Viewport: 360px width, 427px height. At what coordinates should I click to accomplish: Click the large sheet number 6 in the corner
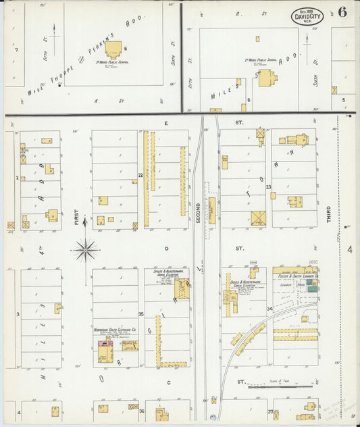(x=343, y=12)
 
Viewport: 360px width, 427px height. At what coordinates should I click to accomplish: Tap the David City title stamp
(x=308, y=16)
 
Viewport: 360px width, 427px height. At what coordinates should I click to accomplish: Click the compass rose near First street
(x=86, y=251)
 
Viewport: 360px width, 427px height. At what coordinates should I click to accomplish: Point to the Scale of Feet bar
(x=280, y=386)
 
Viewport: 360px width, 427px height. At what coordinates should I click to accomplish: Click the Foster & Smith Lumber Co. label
(x=295, y=276)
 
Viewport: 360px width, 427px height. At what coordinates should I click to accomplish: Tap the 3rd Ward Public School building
(x=113, y=49)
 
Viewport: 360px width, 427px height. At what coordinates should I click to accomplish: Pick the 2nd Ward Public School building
(x=267, y=77)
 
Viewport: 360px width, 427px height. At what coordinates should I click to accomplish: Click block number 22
(x=140, y=176)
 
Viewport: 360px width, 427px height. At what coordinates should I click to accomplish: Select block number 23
(x=268, y=187)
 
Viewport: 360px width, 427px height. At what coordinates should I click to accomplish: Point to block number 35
(x=140, y=314)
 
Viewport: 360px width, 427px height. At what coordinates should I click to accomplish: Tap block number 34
(x=269, y=309)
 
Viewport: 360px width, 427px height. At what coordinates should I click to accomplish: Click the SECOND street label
(x=199, y=214)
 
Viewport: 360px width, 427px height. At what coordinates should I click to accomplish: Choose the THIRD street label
(x=329, y=214)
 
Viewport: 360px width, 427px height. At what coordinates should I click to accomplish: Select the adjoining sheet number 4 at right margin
(x=350, y=250)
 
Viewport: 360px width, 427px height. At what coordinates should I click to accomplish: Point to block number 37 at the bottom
(x=269, y=411)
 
